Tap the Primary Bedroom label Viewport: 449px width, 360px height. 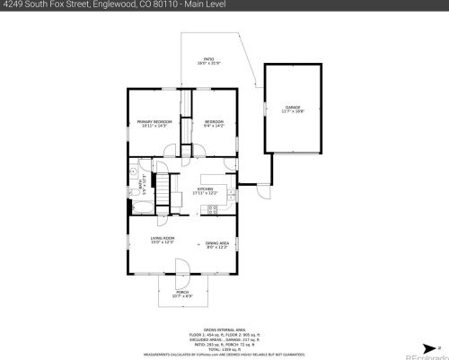pyautogui.click(x=154, y=123)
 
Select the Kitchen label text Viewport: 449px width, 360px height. pyautogui.click(x=206, y=190)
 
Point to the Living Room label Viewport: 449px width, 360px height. pyautogui.click(x=163, y=240)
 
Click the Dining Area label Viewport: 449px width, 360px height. pyautogui.click(x=217, y=243)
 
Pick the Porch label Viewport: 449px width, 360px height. pyautogui.click(x=182, y=294)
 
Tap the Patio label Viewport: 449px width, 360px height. pyautogui.click(x=207, y=61)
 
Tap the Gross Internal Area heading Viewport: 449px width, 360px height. pyautogui.click(x=219, y=330)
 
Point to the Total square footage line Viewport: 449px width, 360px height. pyautogui.click(x=219, y=348)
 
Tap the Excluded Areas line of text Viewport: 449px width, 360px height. pyautogui.click(x=219, y=339)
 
